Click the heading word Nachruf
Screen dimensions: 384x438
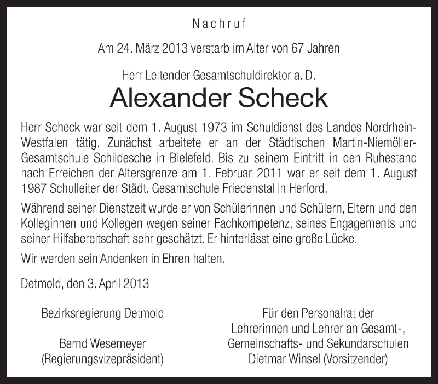coord(219,24)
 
